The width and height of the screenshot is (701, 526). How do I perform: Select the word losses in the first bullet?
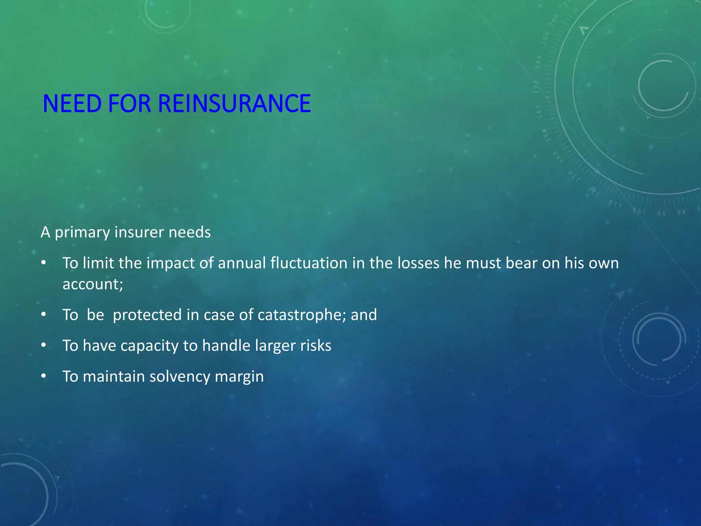pos(418,263)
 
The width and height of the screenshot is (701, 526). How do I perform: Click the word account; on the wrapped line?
pos(93,284)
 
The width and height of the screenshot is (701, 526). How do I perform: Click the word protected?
pos(147,315)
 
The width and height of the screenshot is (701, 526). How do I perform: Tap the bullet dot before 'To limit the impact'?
pos(43,263)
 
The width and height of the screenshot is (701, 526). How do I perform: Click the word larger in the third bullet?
pos(275,346)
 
